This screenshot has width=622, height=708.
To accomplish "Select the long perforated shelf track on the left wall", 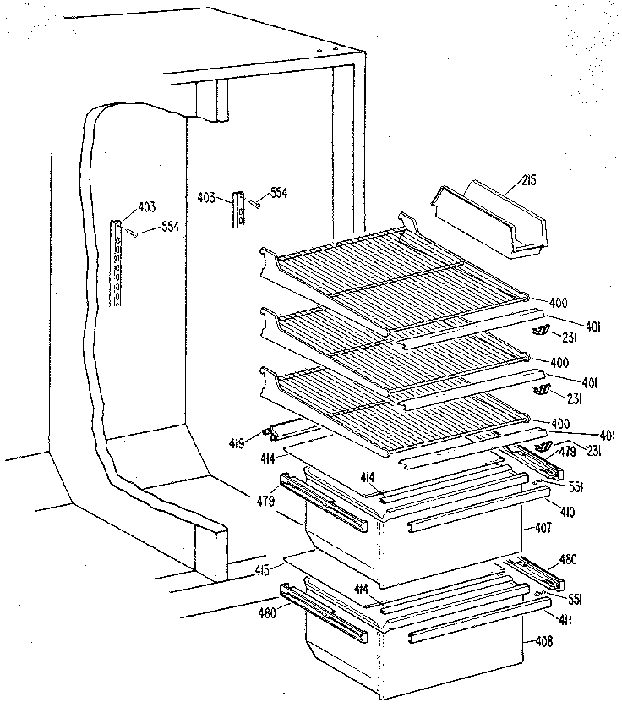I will [x=120, y=262].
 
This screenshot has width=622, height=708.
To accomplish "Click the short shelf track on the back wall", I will [x=240, y=210].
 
